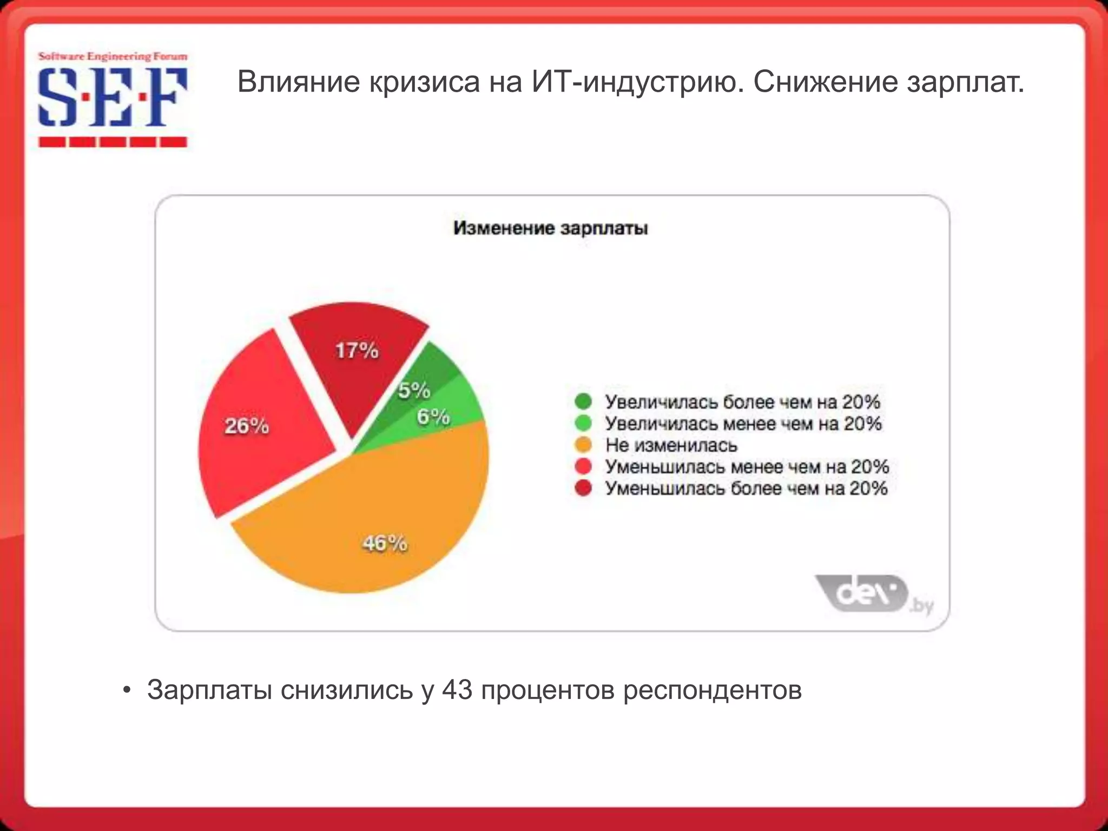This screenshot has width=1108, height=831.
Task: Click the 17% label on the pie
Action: click(x=357, y=351)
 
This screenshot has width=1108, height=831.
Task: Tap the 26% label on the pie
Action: click(x=247, y=426)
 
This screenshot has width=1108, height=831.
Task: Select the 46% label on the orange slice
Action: click(x=385, y=543)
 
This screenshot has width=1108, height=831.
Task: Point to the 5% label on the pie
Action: click(x=414, y=390)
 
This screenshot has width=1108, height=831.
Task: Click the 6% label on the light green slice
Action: click(x=433, y=417)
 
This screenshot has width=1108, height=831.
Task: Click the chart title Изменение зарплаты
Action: click(x=550, y=228)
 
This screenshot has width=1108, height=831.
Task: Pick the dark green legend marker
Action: click(x=583, y=401)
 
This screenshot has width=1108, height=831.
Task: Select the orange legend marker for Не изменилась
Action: click(x=583, y=445)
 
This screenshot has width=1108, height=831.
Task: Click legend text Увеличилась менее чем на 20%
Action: click(x=743, y=423)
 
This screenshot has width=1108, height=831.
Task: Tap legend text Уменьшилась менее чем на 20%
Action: click(x=747, y=466)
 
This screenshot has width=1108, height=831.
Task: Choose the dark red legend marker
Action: click(x=583, y=488)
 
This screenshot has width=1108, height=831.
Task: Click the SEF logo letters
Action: click(x=113, y=97)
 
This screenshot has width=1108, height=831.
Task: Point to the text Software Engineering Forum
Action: click(x=113, y=56)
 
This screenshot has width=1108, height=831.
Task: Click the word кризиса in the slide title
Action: click(x=425, y=82)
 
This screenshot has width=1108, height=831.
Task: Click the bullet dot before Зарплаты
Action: click(x=127, y=690)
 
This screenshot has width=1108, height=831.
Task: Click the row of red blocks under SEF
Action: click(x=113, y=142)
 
